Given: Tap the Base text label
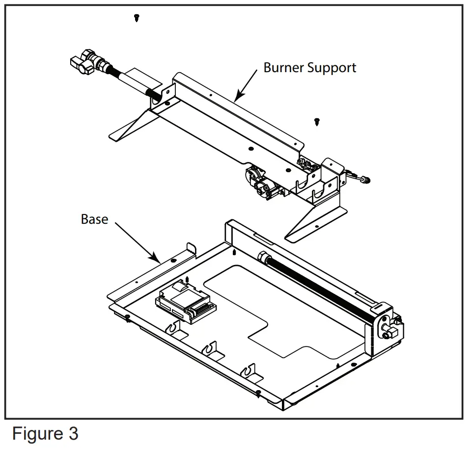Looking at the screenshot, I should click(x=94, y=219).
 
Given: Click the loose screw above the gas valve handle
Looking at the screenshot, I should click(x=136, y=18).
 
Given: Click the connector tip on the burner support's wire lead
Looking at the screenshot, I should click(x=365, y=180).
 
